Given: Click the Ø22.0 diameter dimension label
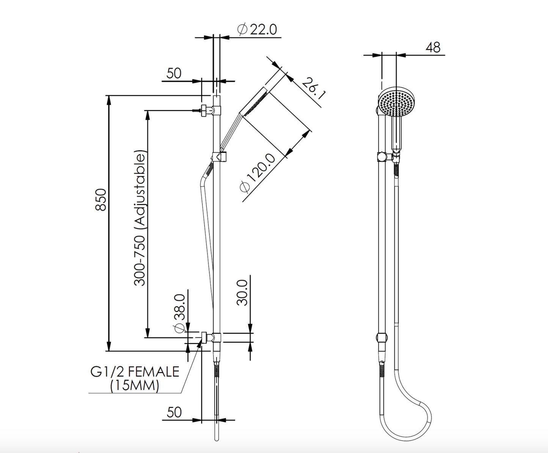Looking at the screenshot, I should coord(257,29).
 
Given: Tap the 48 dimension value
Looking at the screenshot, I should coord(433,47).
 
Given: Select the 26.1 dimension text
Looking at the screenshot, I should coord(314,88).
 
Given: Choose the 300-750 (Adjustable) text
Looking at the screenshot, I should coord(140,218).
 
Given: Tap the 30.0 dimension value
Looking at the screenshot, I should coord(242,292).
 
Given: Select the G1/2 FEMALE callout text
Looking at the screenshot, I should coord(135,371).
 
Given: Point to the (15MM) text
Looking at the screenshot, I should coord(135,386).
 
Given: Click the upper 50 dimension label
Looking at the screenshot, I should coord(174,73).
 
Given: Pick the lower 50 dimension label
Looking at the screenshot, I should coord(174,412).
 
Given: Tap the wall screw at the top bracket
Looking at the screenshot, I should coord(197,111).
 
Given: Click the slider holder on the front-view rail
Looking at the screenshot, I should coord(219,156).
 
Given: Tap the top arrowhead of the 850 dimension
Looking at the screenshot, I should coord(109,99).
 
